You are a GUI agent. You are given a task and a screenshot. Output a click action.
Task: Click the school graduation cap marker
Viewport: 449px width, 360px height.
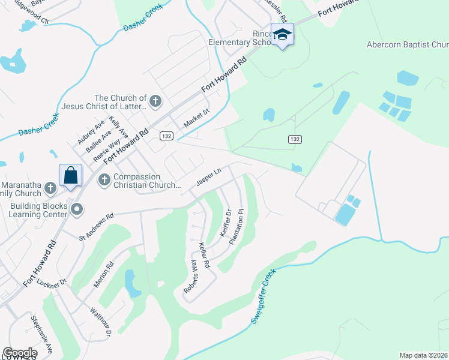click(282, 35)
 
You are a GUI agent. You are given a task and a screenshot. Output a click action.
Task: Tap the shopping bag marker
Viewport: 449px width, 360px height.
click(70, 175)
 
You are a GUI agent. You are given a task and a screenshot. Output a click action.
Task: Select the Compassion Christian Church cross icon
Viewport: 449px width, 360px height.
click(103, 179)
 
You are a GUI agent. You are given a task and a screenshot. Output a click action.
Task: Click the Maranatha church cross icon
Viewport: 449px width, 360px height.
click(50, 188)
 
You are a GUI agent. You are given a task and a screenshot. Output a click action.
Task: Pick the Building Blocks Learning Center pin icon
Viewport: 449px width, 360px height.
click(77, 209)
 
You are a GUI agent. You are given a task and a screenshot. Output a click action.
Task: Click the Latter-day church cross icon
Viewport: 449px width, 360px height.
click(155, 100)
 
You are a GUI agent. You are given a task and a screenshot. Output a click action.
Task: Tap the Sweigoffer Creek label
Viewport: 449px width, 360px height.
click(263, 296)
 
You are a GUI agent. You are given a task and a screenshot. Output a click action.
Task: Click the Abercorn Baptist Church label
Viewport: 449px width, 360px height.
click(408, 44)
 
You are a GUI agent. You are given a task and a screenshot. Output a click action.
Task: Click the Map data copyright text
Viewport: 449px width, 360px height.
click(423, 355)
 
